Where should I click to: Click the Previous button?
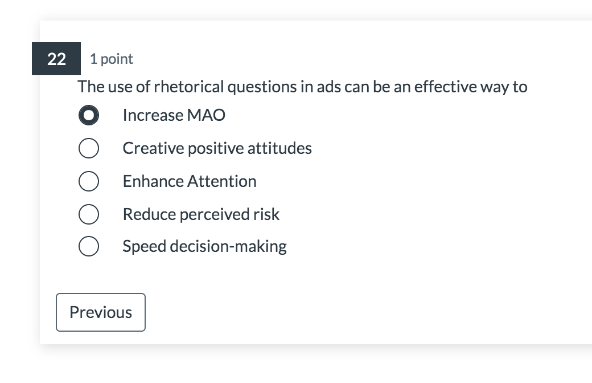[x=101, y=312]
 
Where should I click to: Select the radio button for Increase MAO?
[x=89, y=116]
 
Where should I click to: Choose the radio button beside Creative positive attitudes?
[x=89, y=149]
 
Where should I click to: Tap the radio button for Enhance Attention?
[x=89, y=182]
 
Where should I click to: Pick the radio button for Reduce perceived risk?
[x=89, y=214]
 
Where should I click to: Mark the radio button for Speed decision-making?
[x=89, y=247]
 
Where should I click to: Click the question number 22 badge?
[x=56, y=59]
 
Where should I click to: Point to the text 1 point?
[x=112, y=59]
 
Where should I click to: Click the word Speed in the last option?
[x=140, y=246]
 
